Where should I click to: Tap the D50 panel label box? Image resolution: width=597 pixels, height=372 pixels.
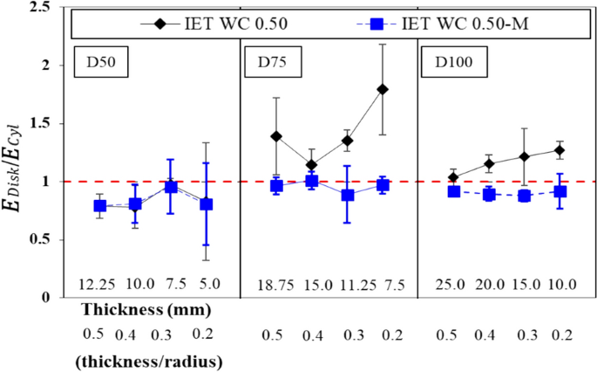coord(103,63)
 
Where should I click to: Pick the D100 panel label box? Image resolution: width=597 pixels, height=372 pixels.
coord(453,63)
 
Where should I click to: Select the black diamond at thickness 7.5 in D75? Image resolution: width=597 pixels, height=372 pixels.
coord(382,89)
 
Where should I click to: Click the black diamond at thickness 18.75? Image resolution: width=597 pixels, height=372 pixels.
coord(277,136)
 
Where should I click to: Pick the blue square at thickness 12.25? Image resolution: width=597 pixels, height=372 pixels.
coord(100,206)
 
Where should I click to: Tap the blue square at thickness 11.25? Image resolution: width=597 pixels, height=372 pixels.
coord(347,195)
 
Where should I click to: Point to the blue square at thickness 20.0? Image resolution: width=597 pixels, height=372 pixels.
coord(490,194)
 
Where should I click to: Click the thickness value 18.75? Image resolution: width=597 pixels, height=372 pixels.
coord(277,285)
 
